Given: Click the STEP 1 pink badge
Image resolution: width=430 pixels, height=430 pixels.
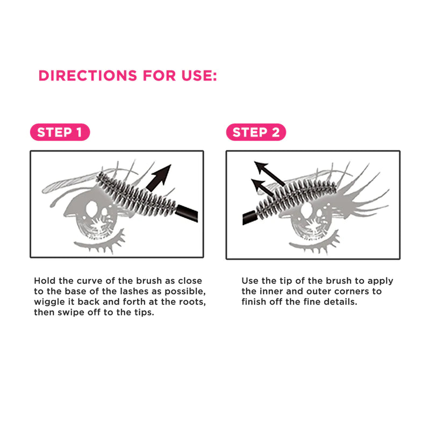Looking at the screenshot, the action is [x=60, y=132].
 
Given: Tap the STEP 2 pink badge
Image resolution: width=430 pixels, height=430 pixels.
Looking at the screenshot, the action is [x=256, y=132].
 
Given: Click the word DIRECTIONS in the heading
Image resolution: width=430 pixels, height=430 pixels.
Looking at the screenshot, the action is [x=88, y=76].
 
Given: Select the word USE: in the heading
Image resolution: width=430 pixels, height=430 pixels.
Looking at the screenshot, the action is [x=199, y=76].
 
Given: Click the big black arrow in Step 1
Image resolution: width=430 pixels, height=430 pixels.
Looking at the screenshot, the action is [x=159, y=178].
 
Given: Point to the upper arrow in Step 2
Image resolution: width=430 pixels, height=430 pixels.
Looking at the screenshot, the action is [x=269, y=173].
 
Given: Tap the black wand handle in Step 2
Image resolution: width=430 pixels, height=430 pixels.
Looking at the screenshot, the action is [x=249, y=218].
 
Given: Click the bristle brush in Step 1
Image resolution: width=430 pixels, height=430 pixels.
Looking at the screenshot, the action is [x=137, y=193].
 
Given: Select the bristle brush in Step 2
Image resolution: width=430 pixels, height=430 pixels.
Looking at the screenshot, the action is [x=296, y=197].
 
